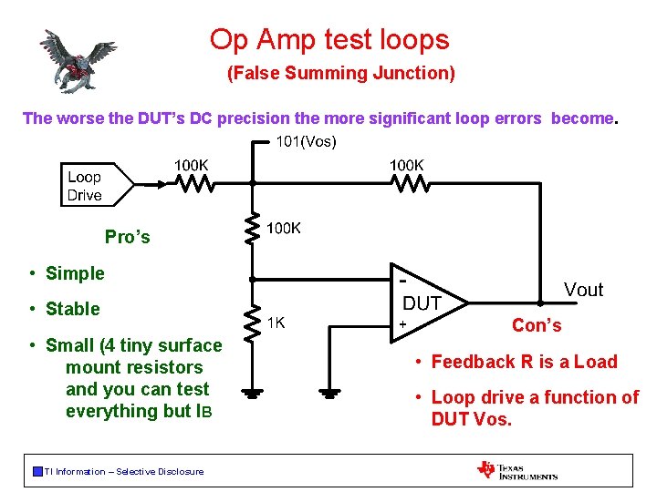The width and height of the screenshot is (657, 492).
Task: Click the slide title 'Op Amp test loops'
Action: pos(329,39)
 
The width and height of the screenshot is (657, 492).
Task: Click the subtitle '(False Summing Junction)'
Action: pos(340,73)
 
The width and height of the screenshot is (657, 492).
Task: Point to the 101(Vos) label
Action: pos(306,141)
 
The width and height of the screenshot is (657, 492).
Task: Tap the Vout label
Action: pos(583,290)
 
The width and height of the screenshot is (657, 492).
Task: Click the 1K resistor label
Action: pos(277,322)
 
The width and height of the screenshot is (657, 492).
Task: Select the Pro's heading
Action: pos(128,237)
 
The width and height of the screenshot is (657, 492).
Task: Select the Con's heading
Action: pos(537,325)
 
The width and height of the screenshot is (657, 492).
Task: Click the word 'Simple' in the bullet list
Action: pos(75,273)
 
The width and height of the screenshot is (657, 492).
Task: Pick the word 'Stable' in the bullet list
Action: pos(73,309)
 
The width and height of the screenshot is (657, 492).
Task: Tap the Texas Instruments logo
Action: pos(516,470)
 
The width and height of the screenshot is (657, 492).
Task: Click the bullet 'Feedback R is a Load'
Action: pos(525,362)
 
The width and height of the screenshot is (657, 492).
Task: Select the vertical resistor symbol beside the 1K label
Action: pos(253,320)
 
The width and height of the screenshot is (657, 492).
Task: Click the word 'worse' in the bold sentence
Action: pos(78,118)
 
